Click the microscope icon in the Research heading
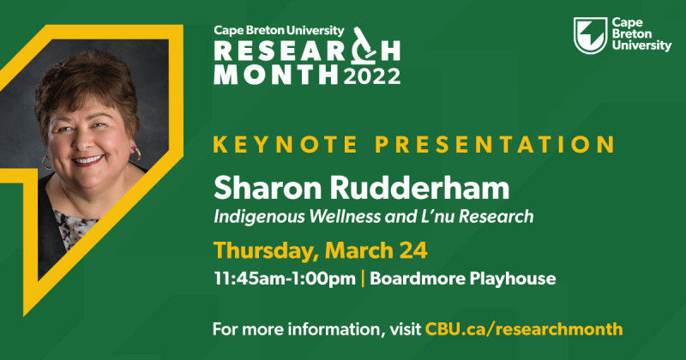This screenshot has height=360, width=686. point(363,45)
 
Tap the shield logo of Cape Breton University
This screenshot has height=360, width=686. point(590,35)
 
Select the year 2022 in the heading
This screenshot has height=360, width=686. point(372,75)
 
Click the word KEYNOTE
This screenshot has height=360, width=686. point(286,144)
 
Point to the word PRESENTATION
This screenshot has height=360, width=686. point(495,144)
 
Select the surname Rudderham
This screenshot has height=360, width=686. point(419,188)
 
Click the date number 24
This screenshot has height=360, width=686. point(413,250)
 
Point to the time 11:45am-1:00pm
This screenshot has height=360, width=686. point(285,279)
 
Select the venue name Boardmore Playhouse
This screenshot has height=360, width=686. point(463,279)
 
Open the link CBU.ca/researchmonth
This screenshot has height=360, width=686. point(524,329)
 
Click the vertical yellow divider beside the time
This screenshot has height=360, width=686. point(363,279)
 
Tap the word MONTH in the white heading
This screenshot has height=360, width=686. point(275,75)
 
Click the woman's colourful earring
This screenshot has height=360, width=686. point(135,153)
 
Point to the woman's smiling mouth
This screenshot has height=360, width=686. point(88,160)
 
